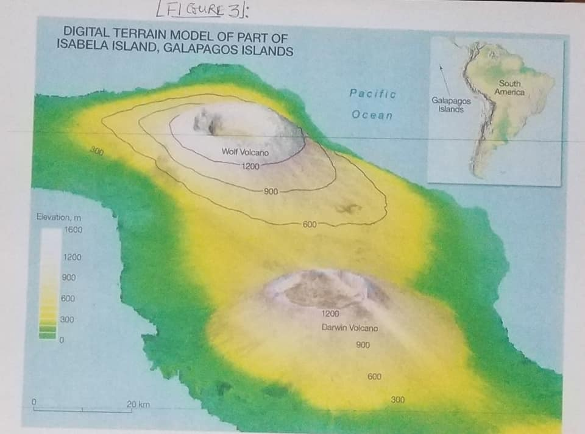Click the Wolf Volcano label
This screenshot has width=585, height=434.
click(245, 151)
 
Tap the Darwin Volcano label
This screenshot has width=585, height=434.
click(350, 328)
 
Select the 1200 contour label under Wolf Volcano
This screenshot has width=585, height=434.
click(250, 166)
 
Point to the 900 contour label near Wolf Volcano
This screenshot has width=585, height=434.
click(271, 192)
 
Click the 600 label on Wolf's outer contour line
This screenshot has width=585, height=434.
click(310, 224)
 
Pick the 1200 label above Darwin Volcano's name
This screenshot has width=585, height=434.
click(330, 314)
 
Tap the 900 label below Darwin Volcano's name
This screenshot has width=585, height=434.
click(363, 345)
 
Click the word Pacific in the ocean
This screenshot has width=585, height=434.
click(372, 94)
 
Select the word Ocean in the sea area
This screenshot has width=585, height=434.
click(372, 115)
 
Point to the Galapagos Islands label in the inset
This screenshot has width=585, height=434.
click(451, 105)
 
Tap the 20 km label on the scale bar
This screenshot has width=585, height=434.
click(138, 404)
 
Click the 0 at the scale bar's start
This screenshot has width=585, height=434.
click(35, 402)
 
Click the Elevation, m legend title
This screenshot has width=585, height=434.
click(59, 217)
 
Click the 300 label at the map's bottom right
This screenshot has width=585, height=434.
click(397, 400)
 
